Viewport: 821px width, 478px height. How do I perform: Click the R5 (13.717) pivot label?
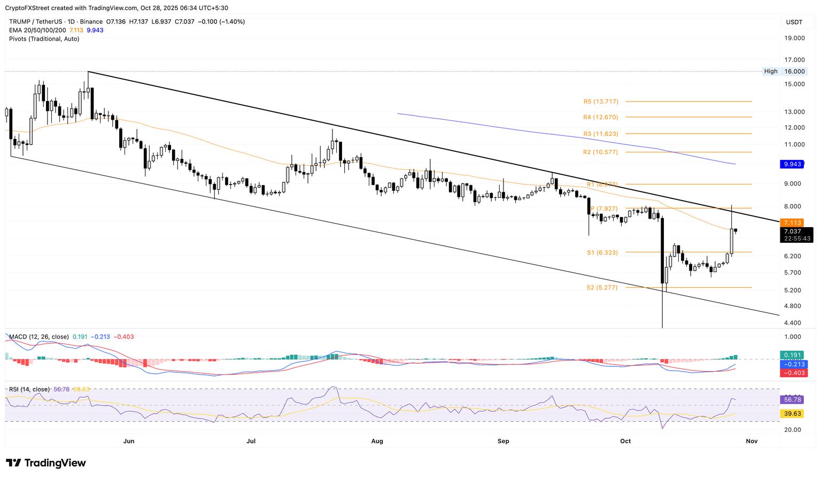601,101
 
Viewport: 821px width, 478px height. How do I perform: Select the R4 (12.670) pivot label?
601,117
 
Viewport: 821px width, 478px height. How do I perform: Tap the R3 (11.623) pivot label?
601,133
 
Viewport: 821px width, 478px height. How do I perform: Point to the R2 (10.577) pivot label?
601,152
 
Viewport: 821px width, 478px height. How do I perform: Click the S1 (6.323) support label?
602,252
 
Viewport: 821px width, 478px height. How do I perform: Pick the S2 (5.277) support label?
602,287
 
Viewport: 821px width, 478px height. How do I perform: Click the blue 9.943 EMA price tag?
792,164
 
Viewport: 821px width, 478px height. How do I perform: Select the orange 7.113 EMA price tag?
792,222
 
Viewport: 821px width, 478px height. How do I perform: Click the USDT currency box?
794,22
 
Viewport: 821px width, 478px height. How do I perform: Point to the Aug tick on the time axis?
377,441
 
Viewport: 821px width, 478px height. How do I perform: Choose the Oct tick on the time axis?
625,441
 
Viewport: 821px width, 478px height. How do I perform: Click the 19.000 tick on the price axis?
794,38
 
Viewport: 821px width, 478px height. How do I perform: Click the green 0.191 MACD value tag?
792,354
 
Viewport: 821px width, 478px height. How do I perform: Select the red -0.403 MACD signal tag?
792,373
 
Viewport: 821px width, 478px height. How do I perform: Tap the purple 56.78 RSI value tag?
792,399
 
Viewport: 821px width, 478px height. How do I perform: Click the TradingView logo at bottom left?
46,463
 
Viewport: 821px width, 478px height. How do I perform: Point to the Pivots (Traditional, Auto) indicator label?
44,38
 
